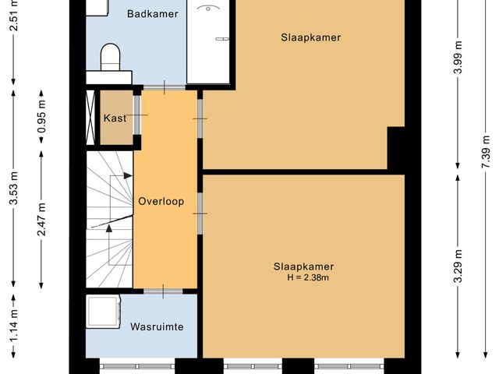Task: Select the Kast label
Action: pos(115,118)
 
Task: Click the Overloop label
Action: pos(161,201)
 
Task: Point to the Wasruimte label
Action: pos(157,326)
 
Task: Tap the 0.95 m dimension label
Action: pos(41,117)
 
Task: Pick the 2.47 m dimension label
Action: pos(41,221)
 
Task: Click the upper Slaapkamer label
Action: pos(311,37)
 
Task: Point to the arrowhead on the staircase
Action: pos(109,228)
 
